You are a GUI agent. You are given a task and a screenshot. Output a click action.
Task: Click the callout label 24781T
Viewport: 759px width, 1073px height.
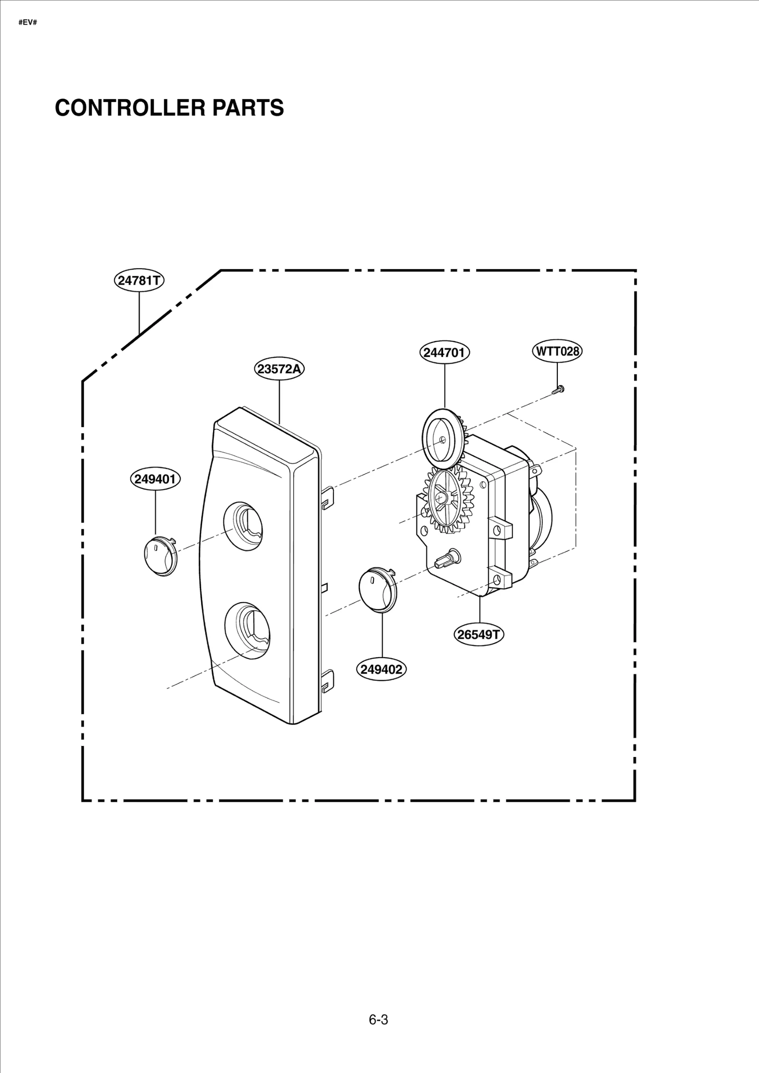139,280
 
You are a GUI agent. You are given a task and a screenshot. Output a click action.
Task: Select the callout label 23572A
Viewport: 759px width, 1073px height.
279,369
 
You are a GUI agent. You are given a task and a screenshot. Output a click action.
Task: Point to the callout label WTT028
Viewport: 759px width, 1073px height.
557,351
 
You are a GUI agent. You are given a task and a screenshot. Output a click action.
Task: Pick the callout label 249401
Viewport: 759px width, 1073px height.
156,479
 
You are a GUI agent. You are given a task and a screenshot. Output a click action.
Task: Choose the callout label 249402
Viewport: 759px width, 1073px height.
381,669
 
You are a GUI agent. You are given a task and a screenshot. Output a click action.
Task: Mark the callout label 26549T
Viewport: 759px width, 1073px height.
480,634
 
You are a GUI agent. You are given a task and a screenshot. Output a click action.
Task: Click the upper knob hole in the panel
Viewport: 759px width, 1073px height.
244,526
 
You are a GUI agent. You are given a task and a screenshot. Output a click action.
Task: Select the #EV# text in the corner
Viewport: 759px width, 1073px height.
28,22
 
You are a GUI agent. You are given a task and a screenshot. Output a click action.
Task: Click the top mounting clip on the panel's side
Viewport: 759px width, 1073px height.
328,497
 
